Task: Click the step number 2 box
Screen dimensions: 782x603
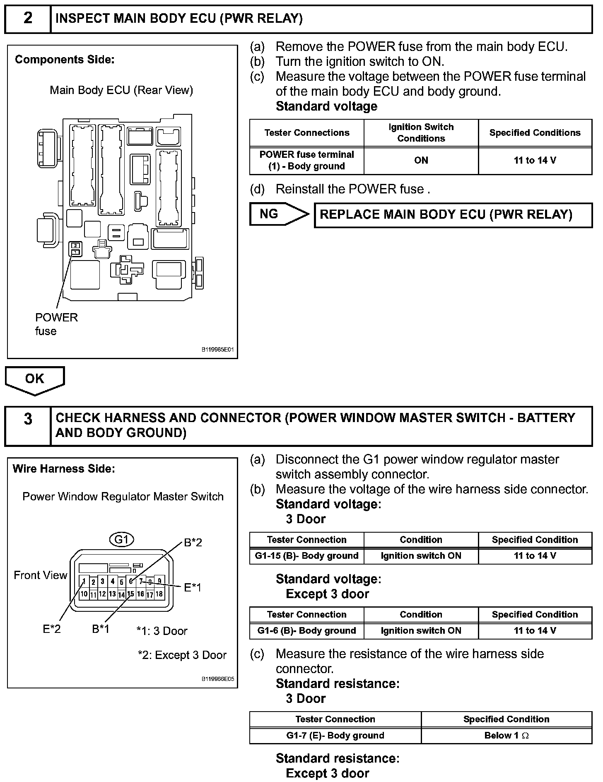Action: tap(28, 19)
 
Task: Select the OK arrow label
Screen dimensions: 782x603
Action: tap(35, 379)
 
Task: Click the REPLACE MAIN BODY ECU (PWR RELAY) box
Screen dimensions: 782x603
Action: tap(453, 215)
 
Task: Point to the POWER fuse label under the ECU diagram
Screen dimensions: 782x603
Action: tap(56, 324)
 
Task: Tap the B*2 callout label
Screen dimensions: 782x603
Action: tap(193, 543)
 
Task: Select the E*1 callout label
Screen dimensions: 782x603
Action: tap(193, 587)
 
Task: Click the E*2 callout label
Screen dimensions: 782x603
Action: tap(52, 629)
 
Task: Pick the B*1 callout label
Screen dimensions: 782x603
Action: tap(101, 629)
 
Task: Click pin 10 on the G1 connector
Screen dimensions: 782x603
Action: tap(84, 594)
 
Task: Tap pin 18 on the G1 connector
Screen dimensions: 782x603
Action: tap(159, 594)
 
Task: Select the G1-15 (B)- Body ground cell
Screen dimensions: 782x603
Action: tap(306, 556)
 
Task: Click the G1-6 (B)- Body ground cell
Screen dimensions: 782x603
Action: tap(306, 631)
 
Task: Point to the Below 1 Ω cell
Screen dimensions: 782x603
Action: tap(506, 736)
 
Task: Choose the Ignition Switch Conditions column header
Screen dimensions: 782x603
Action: tap(421, 133)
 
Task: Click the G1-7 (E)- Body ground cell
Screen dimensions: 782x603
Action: tap(335, 736)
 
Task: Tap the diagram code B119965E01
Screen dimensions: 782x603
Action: tap(217, 350)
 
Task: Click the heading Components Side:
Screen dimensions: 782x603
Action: tap(65, 60)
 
